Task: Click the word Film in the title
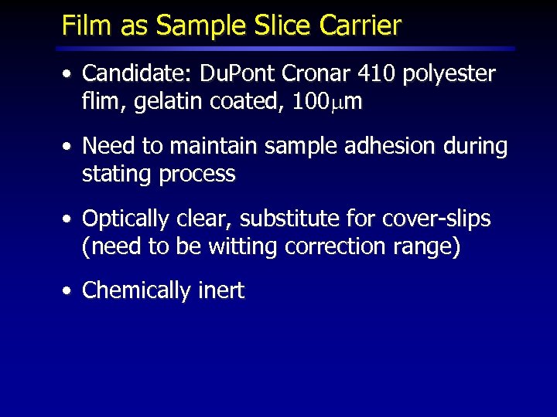point(84,25)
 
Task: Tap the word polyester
point(449,75)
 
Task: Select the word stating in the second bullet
point(117,174)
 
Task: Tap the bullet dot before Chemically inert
point(69,292)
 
